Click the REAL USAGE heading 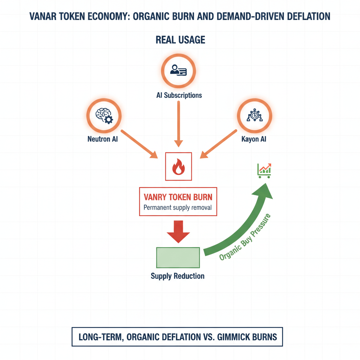(180, 40)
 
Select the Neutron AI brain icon (104, 115)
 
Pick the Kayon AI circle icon (254, 115)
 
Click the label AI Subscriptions (179, 95)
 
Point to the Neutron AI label (103, 139)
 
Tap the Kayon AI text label (254, 139)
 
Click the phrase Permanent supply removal (178, 207)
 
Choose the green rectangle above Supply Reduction (178, 258)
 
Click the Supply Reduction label (178, 276)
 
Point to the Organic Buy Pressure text (246, 237)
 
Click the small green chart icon (264, 170)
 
